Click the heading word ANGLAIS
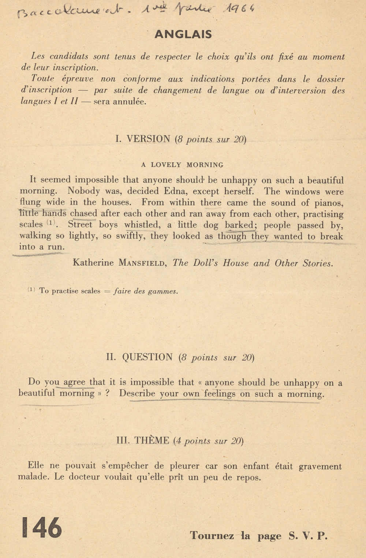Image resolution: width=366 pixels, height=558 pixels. [183, 34]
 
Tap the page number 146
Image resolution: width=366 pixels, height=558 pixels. [42, 528]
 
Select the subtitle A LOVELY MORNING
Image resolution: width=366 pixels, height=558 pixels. [182, 165]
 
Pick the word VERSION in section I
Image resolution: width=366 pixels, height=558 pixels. [148, 139]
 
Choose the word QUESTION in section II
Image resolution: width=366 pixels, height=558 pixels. [147, 357]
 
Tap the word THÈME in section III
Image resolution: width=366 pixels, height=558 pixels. [152, 441]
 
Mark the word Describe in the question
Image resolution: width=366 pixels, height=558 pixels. [137, 394]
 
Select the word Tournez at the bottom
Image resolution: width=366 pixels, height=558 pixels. [212, 536]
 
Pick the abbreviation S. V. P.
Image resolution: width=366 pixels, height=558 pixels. [307, 536]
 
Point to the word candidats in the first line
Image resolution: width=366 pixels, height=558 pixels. [69, 57]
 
